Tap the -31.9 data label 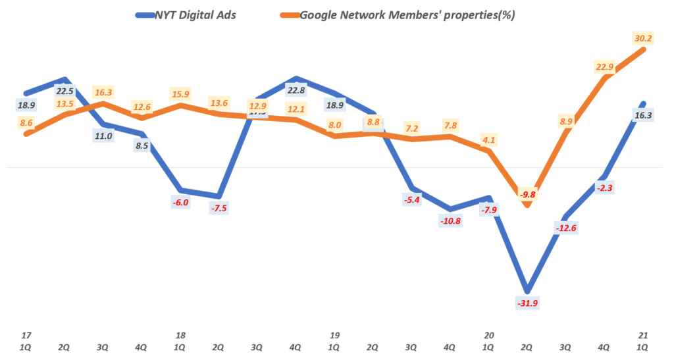coord(527,303)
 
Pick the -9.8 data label coord(527,195)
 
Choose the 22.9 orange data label coord(604,66)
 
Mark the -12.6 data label coord(565,228)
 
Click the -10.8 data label coord(450,220)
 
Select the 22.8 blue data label coord(296,91)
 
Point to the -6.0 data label coord(180,202)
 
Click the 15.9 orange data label coord(180,93)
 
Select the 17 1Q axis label coord(26,340)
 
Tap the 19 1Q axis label coord(334,340)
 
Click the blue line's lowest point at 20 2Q coord(527,290)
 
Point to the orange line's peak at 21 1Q coord(643,49)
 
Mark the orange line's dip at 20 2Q coord(527,206)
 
